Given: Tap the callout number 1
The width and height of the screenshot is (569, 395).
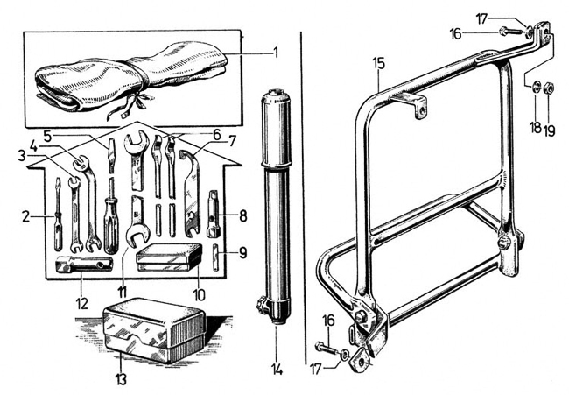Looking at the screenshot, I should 275,52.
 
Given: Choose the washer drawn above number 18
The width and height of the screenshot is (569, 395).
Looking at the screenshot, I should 533,87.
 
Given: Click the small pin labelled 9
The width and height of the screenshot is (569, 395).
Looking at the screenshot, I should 217,257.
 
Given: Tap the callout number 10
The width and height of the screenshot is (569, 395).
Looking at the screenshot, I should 200,295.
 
